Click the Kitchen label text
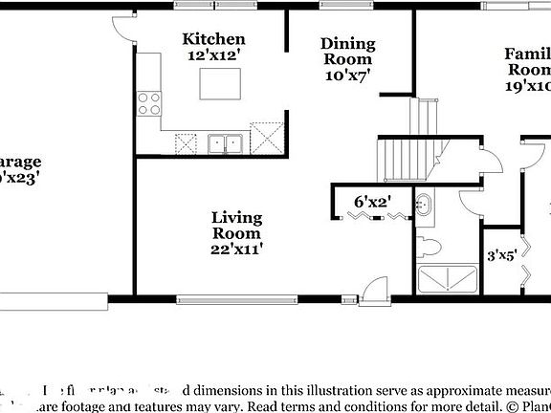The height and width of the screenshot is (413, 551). click(x=214, y=39)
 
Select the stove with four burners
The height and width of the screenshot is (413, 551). click(x=149, y=102)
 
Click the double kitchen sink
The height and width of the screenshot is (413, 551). click(x=226, y=143)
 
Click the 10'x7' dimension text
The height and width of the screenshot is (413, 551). click(x=347, y=74)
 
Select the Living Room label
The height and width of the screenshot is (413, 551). click(x=236, y=226)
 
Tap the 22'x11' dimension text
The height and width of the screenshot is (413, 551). click(x=236, y=249)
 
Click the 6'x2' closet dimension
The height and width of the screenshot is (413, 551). click(x=371, y=202)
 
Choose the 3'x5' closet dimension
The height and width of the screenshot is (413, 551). click(x=502, y=255)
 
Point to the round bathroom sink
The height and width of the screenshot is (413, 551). click(x=424, y=204)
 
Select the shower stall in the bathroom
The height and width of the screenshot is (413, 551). click(x=448, y=279)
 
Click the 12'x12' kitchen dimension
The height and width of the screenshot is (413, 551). click(x=214, y=56)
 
